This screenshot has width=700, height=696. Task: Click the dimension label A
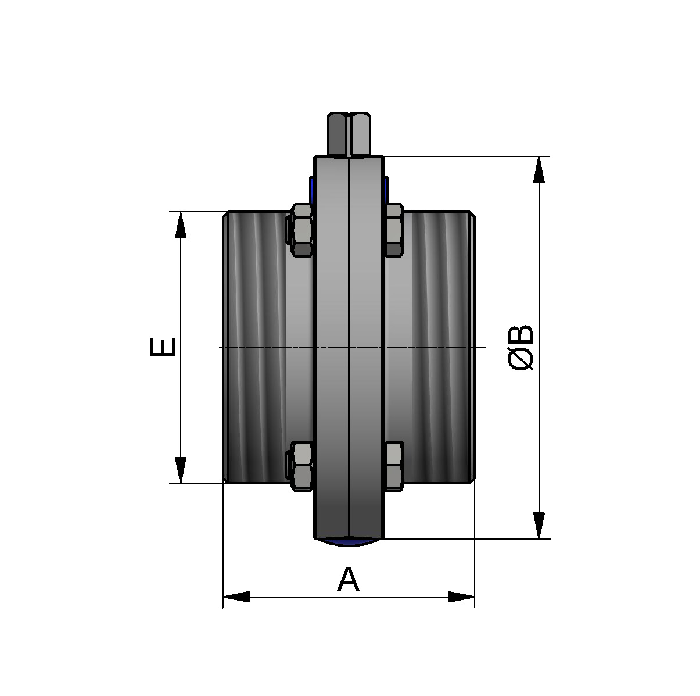coord(348,580)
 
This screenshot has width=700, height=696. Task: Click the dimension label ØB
coord(521,348)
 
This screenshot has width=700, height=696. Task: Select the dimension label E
coord(163,347)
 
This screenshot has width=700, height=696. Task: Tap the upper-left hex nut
coord(301,230)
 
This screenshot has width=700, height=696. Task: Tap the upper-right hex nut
coord(394,230)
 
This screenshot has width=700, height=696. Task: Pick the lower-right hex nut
coord(394,466)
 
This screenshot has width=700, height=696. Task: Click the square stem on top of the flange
coord(349,134)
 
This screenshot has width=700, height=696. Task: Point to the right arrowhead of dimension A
coord(462,597)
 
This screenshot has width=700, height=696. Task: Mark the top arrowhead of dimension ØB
coord(540,170)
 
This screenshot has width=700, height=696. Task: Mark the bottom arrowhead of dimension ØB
coord(540,526)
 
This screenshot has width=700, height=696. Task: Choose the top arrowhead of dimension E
coord(181,225)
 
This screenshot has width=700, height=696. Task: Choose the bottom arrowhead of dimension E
coord(181,470)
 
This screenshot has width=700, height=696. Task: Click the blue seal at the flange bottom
coord(349,542)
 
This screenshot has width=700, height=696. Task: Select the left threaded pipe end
coord(256,347)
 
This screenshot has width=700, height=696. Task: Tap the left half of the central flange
coord(331,347)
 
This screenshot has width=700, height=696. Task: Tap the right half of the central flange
coord(366,347)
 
